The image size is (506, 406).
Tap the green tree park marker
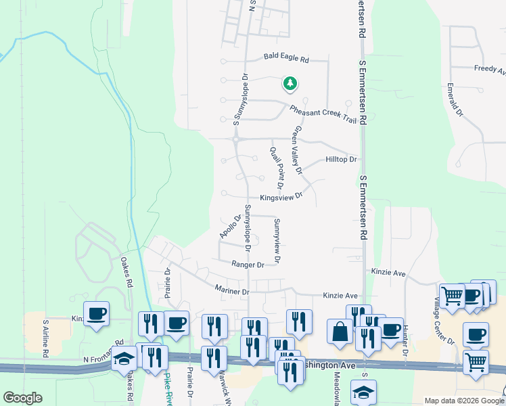click(x=290, y=84)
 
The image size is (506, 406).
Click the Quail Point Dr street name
click(x=277, y=168)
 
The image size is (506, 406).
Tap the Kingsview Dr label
click(x=279, y=194)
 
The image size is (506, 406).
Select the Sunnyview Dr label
click(x=277, y=241)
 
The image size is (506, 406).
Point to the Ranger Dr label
click(x=246, y=265)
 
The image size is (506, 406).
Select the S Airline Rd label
click(x=46, y=338)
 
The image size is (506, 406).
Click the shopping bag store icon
click(x=340, y=332)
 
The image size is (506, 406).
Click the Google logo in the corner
click(x=22, y=398)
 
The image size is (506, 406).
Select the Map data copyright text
click(x=464, y=401)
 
